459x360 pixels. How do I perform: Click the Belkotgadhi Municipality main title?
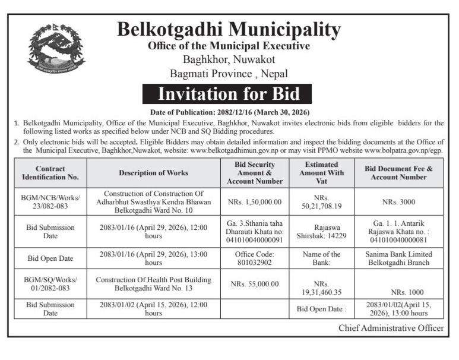tap(229, 30)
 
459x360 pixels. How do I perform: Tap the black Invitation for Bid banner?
tap(229, 94)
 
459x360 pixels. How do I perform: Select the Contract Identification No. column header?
tap(50, 172)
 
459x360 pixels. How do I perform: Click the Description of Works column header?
tap(153, 172)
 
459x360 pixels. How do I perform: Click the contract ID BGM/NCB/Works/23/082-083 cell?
tap(50, 202)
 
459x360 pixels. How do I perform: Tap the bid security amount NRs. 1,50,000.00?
tap(254, 202)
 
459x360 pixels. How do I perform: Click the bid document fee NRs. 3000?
tap(398, 202)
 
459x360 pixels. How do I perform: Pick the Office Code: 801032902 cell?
tap(254, 258)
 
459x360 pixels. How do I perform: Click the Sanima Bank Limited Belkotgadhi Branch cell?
tap(398, 258)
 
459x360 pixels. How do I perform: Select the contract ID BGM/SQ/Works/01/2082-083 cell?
tap(50, 284)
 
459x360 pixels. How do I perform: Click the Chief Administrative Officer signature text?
tap(391, 328)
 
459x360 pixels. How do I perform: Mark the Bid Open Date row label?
tap(50, 259)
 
